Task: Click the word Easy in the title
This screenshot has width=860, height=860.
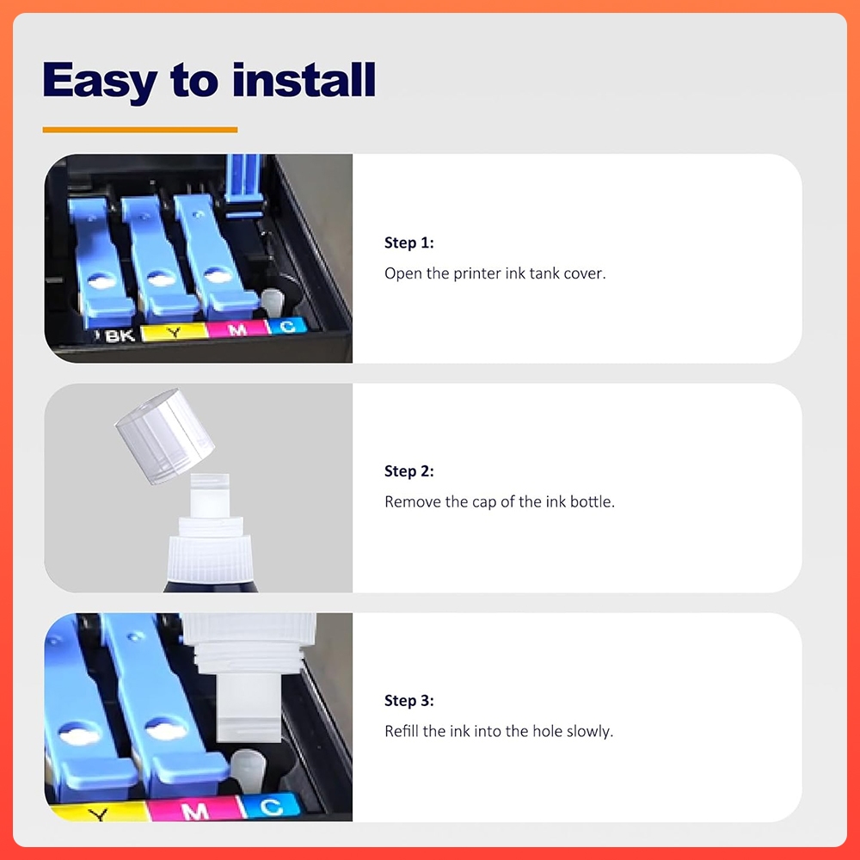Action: tap(99, 81)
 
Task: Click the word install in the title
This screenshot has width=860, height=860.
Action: tap(304, 80)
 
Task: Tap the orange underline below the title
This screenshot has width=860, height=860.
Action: tap(140, 130)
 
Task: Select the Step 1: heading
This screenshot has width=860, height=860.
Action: tap(409, 243)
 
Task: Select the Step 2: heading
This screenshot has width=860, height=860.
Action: tap(409, 471)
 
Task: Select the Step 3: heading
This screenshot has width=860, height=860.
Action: tap(409, 700)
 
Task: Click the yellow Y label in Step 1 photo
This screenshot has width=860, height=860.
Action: tap(174, 332)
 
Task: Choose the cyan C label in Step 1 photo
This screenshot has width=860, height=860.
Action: tap(287, 326)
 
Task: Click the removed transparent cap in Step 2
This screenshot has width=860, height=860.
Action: tap(164, 435)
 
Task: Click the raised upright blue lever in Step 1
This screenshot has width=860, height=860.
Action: tap(243, 186)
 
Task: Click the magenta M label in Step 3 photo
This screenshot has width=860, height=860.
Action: tap(194, 811)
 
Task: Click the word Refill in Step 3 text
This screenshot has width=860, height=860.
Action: tap(402, 730)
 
